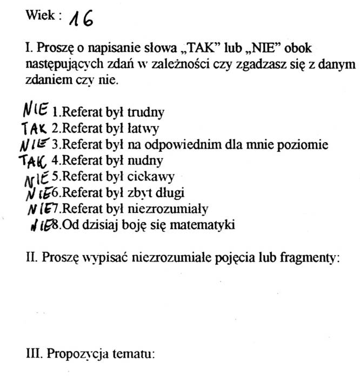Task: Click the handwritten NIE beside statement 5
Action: point(38,176)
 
